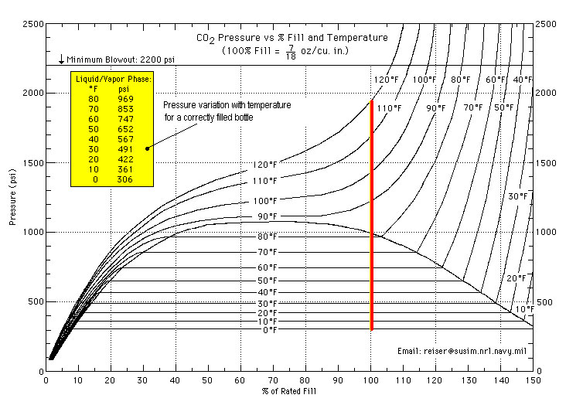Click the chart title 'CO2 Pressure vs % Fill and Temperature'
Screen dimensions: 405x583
(290, 37)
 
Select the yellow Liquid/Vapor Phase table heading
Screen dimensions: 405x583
(113, 79)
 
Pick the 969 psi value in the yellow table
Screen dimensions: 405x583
(126, 99)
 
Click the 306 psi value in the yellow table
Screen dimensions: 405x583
(126, 179)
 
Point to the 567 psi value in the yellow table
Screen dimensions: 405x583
(126, 139)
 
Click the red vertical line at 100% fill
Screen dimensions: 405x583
(372, 216)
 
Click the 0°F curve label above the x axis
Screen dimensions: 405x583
(268, 331)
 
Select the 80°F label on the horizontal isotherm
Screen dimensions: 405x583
(268, 237)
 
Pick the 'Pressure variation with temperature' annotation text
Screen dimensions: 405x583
(227, 105)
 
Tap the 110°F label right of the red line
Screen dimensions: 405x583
(389, 108)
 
